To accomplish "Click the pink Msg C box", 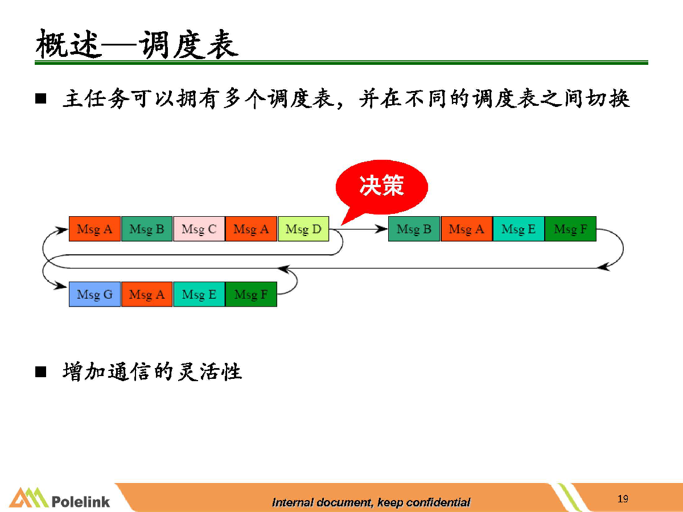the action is click(x=199, y=229).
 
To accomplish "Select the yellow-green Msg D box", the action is click(x=303, y=229).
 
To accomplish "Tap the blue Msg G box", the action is click(x=94, y=294).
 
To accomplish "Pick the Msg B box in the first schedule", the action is click(x=146, y=229).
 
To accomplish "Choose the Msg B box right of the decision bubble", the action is click(x=414, y=229).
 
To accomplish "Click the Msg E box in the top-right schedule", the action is click(x=519, y=229).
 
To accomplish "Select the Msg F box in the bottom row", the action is click(x=251, y=294).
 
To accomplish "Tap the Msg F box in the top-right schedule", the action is click(x=571, y=229).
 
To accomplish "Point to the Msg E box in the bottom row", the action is click(x=199, y=294).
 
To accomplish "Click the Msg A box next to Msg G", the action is click(x=146, y=294).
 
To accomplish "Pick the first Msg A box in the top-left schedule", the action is click(x=94, y=229).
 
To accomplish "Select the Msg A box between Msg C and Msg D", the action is click(x=251, y=229).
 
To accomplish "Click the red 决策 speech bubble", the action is click(x=382, y=187).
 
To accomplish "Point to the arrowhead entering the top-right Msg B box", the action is click(x=382, y=229).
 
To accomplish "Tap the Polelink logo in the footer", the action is click(x=59, y=498).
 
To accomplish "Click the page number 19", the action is click(x=623, y=499).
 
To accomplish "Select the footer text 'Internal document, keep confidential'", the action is click(x=371, y=502).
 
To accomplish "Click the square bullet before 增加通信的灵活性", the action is click(x=41, y=372).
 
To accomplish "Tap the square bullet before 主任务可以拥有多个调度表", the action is click(x=41, y=98).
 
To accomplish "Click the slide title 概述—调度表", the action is click(x=137, y=44).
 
